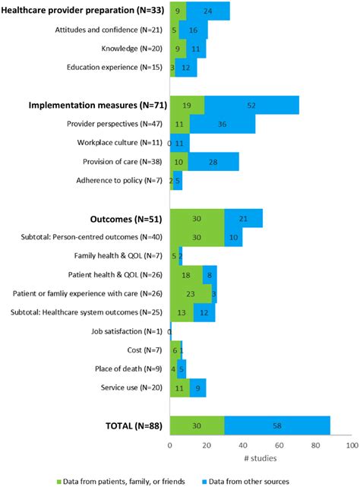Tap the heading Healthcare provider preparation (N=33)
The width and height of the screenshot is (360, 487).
(x=84, y=11)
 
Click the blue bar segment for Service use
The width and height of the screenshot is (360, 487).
(x=197, y=388)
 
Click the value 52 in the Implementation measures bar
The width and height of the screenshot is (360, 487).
(x=252, y=105)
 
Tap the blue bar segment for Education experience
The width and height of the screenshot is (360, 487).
(x=186, y=68)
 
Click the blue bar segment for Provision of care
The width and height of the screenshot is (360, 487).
(x=213, y=161)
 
